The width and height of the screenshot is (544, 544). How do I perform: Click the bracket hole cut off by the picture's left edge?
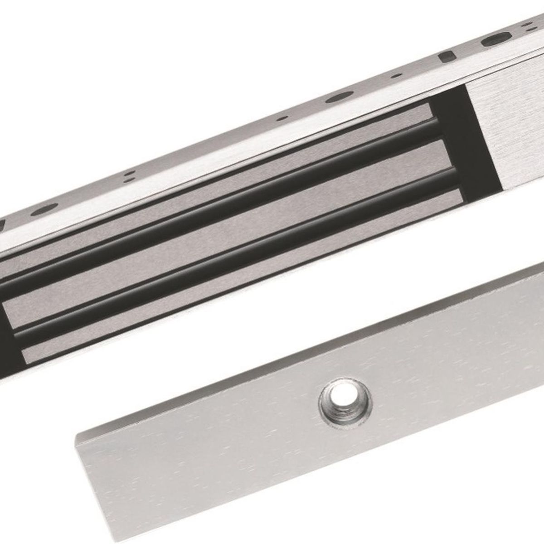tap(1, 226)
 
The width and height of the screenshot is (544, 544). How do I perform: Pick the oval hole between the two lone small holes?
tap(339, 97)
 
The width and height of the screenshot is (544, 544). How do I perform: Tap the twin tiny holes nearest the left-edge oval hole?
tap(130, 176)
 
